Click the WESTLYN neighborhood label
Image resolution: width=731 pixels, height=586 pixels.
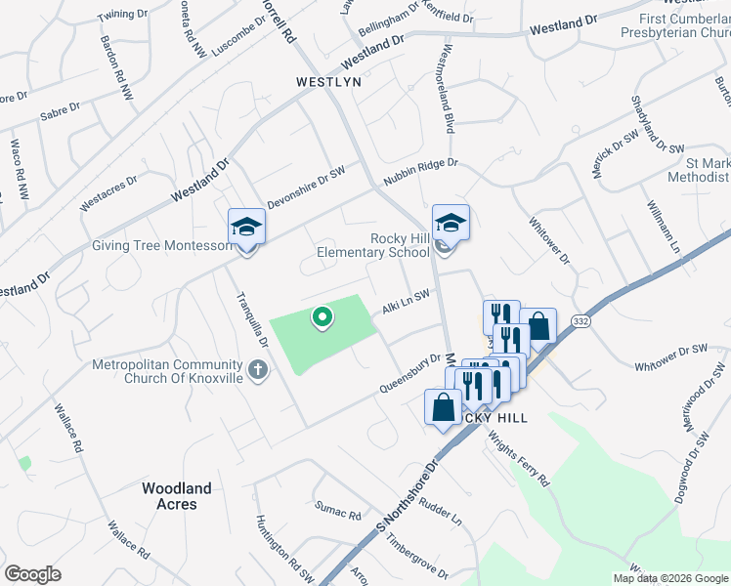328,83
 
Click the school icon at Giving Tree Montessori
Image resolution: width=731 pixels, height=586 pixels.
246,228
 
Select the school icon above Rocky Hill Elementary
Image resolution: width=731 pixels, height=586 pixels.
451,224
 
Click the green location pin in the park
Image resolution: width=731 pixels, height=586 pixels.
321,317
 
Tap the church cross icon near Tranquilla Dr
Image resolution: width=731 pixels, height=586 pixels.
257,369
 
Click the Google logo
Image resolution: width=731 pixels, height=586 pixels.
32,574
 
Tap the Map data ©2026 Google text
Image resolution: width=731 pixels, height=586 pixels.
670,578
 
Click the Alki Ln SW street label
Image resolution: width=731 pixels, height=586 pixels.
406,301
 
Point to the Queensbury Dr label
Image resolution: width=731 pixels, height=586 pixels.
410,375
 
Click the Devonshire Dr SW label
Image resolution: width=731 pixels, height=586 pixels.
307,182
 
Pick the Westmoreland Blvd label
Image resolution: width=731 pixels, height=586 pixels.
449,89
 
